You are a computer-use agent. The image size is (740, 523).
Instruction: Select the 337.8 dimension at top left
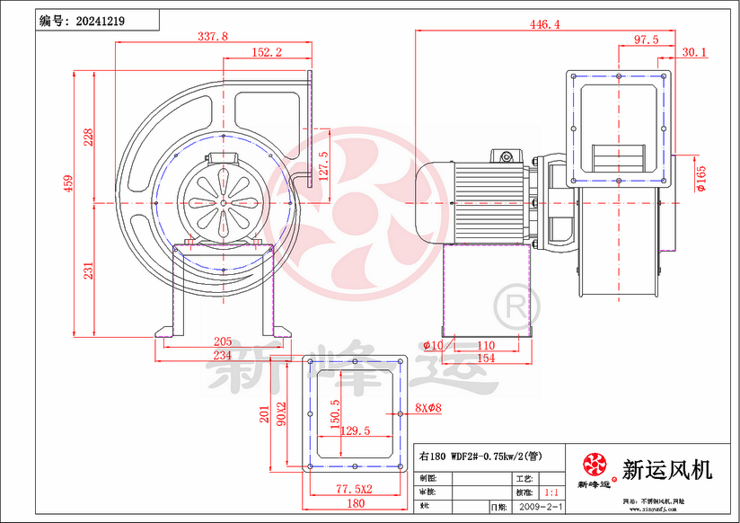pyautogui.click(x=212, y=37)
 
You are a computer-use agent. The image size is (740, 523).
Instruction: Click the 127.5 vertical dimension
pyautogui.click(x=324, y=166)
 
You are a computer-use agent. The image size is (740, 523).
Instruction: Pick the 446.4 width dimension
pyautogui.click(x=545, y=24)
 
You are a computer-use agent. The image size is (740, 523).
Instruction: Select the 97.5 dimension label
pyautogui.click(x=647, y=40)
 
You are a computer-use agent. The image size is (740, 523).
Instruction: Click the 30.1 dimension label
pyautogui.click(x=694, y=53)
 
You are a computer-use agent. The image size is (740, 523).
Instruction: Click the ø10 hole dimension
pyautogui.click(x=433, y=345)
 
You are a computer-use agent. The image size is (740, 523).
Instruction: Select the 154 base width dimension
pyautogui.click(x=486, y=359)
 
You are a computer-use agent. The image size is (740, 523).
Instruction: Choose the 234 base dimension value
pyautogui.click(x=223, y=356)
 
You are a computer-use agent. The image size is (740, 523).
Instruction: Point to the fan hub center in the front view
pyautogui.click(x=222, y=202)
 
